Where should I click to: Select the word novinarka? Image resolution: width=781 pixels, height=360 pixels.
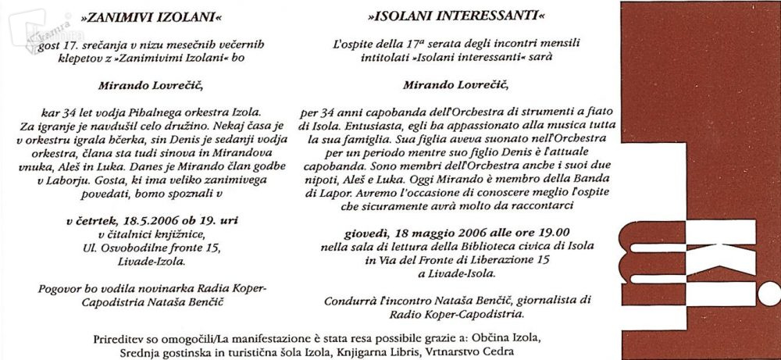[x=186, y=287]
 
